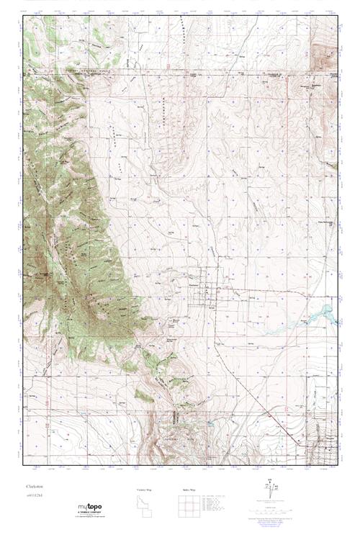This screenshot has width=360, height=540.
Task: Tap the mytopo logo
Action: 90,508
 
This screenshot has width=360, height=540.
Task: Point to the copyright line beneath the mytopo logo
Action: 90,518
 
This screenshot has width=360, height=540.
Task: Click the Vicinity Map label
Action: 144,489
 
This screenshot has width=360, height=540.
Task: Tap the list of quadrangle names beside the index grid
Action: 216,505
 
